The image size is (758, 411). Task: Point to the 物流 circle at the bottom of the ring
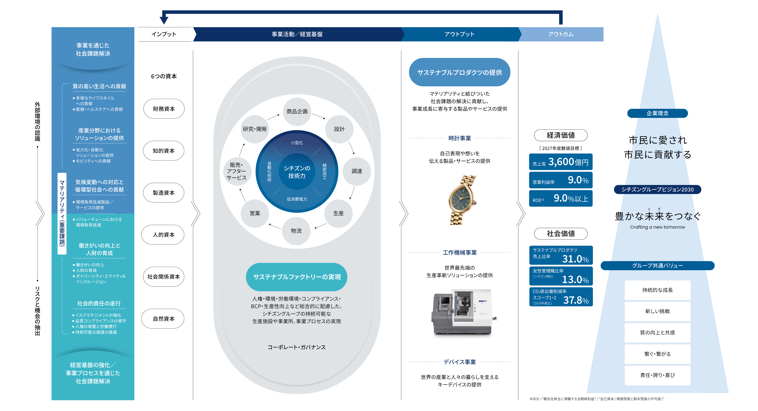pyautogui.click(x=296, y=231)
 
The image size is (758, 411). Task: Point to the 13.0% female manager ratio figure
pyautogui.click(x=575, y=279)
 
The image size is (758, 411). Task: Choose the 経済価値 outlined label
pyautogui.click(x=561, y=135)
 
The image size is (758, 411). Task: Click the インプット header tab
pyautogui.click(x=164, y=34)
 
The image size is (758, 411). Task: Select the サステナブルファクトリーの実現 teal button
pyautogui.click(x=297, y=277)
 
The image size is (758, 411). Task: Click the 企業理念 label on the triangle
pyautogui.click(x=657, y=113)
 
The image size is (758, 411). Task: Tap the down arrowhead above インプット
pyautogui.click(x=164, y=20)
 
